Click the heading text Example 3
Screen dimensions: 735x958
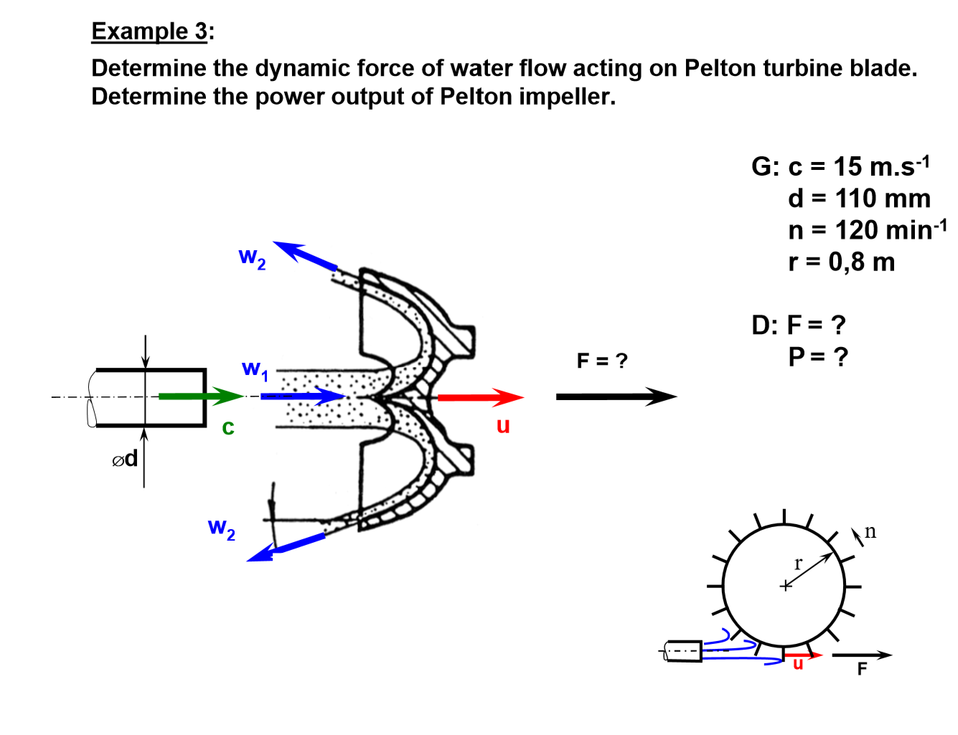tap(150, 32)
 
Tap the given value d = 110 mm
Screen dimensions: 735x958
tap(858, 199)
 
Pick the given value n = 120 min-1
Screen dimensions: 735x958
tap(867, 230)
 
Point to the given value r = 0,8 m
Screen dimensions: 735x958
tap(841, 262)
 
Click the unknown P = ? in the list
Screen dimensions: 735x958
tap(817, 356)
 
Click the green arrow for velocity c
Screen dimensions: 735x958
tap(201, 396)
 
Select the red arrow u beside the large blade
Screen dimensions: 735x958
tap(480, 397)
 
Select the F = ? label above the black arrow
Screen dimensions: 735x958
tap(601, 361)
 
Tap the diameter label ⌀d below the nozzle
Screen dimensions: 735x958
tap(125, 459)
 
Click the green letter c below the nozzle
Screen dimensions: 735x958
tap(228, 427)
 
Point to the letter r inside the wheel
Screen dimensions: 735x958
tap(798, 564)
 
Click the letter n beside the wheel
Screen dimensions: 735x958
tap(870, 531)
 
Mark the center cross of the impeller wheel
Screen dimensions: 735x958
tap(785, 586)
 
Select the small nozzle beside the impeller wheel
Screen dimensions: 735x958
tap(683, 651)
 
